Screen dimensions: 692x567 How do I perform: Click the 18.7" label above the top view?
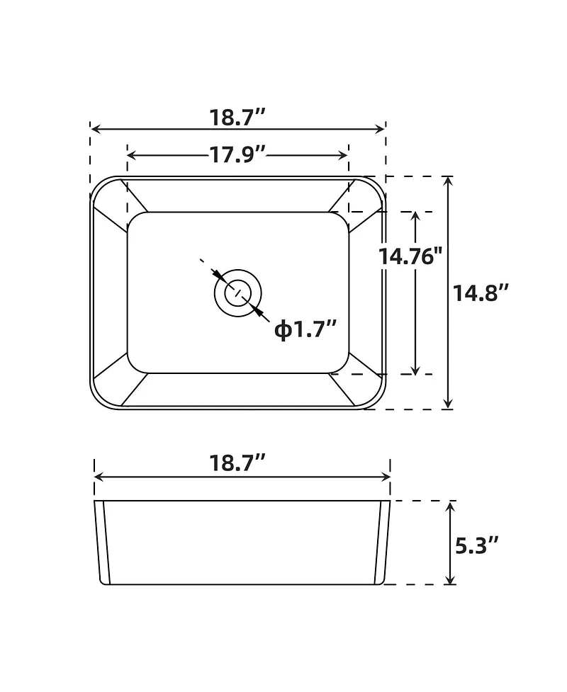tap(237, 118)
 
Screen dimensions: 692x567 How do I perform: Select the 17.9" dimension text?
tap(237, 154)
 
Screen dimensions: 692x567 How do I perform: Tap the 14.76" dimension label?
tap(410, 256)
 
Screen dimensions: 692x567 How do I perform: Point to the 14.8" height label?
tap(482, 292)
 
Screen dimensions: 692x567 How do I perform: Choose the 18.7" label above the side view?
tap(237, 463)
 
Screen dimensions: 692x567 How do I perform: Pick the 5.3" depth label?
tap(476, 545)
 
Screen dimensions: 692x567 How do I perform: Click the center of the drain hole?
tap(237, 292)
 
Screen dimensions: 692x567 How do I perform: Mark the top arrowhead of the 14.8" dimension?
tap(448, 181)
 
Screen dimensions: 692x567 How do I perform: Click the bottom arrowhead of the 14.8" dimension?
tap(448, 404)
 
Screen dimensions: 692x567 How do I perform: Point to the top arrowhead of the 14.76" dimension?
tap(416, 216)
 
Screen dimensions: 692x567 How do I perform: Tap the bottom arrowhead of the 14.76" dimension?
tap(416, 369)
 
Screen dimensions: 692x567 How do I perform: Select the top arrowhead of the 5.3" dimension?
tap(449, 506)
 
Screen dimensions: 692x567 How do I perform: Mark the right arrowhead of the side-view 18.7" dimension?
tap(386, 477)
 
